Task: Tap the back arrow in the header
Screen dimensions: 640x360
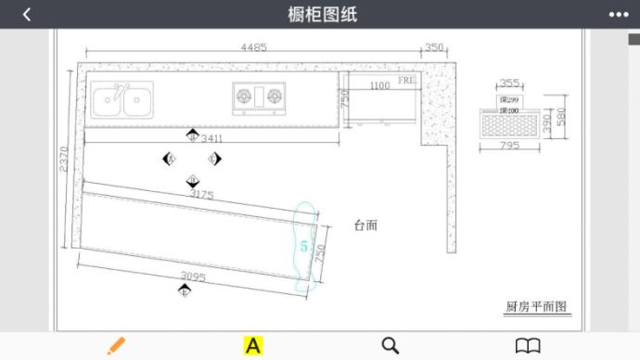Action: click(27, 14)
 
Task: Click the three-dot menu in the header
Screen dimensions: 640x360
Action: click(618, 14)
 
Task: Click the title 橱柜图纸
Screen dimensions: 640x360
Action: click(322, 14)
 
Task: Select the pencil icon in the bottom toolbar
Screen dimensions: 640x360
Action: click(116, 345)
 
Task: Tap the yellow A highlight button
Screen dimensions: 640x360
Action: click(252, 345)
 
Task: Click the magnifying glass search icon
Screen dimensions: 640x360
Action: click(390, 345)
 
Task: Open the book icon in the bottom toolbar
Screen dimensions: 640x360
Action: click(528, 345)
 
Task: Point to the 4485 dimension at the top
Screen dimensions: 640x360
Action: click(254, 47)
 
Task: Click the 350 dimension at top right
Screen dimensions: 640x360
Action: click(435, 47)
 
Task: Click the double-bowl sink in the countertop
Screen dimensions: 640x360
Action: click(122, 98)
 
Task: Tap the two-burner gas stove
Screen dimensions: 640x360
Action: click(259, 96)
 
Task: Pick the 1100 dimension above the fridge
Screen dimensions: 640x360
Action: click(379, 86)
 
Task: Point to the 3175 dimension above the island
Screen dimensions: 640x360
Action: click(201, 194)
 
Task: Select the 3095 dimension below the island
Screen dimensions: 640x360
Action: click(192, 276)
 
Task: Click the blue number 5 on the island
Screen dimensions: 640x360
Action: click(303, 247)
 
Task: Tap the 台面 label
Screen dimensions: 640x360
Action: click(365, 225)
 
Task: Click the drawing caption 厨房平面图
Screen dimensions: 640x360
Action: click(535, 306)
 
